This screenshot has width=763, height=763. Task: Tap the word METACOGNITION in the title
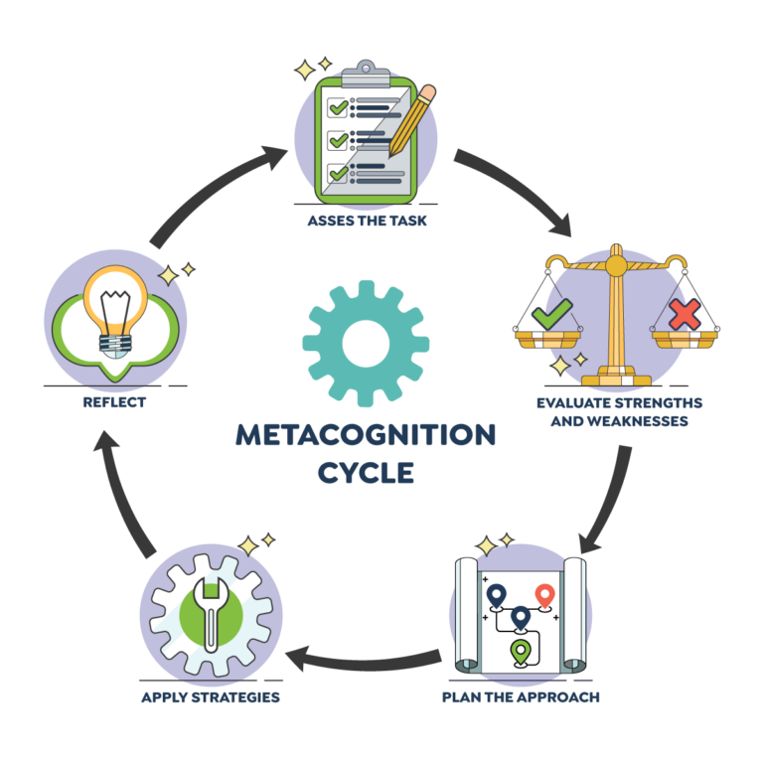point(366,435)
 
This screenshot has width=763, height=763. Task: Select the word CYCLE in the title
point(366,473)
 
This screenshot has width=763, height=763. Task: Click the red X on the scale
point(685,314)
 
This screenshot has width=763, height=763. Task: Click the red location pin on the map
point(543,595)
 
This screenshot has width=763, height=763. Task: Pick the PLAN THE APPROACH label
point(521,697)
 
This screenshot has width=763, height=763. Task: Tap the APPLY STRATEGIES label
point(211,697)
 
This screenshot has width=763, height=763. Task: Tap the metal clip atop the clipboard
point(367,72)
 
